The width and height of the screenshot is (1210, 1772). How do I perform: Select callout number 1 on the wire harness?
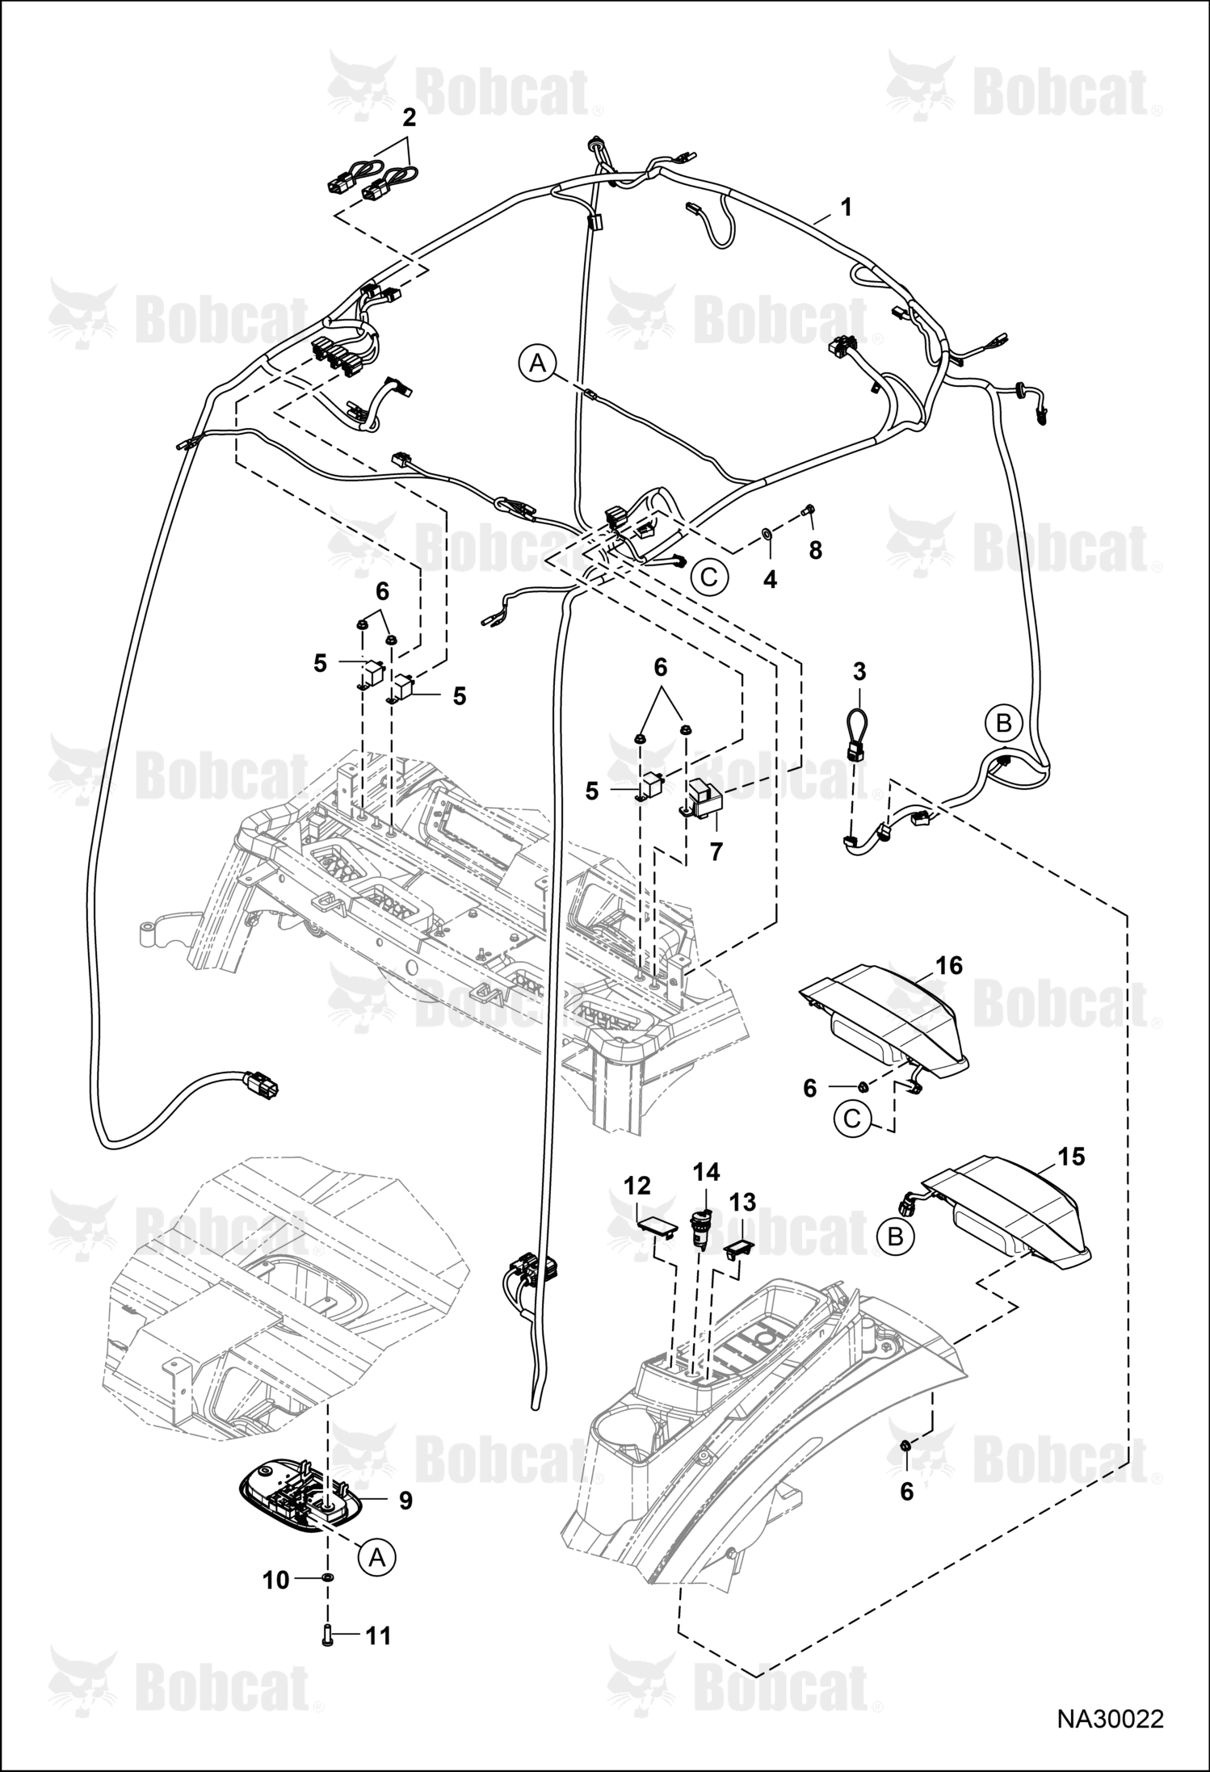pyautogui.click(x=846, y=208)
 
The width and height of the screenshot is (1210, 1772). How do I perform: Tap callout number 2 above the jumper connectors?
pyautogui.click(x=409, y=118)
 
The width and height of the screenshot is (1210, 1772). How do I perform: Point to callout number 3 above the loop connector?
pyautogui.click(x=859, y=671)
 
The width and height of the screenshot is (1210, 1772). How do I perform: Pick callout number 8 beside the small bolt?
pyautogui.click(x=815, y=551)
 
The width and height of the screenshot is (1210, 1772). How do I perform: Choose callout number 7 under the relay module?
pyautogui.click(x=716, y=851)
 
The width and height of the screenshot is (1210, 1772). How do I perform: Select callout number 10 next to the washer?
pyautogui.click(x=276, y=1580)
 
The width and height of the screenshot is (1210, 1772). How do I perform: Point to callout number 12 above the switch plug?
pyautogui.click(x=637, y=1186)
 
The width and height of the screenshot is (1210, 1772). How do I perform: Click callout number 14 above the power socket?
pyautogui.click(x=706, y=1171)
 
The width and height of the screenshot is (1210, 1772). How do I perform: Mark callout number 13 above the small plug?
pyautogui.click(x=742, y=1202)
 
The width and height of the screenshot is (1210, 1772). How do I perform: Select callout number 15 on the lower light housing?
pyautogui.click(x=1071, y=1156)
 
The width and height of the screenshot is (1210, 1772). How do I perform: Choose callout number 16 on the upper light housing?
pyautogui.click(x=950, y=965)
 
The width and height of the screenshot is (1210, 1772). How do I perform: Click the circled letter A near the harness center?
pyautogui.click(x=538, y=364)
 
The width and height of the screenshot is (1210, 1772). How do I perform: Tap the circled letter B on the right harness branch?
pyautogui.click(x=1004, y=723)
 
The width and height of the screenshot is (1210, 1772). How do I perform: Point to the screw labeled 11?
pyautogui.click(x=327, y=1637)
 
